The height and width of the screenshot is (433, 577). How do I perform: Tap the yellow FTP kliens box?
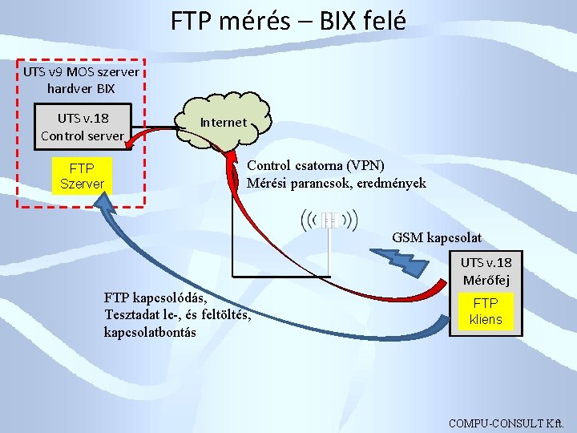coord(486,311)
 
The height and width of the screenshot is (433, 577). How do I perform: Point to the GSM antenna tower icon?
coord(329,221)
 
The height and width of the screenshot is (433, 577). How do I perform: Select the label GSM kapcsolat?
coord(437,237)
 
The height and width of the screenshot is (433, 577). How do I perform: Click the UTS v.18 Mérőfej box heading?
coord(486,271)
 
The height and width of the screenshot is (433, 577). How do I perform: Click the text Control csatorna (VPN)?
coord(316,165)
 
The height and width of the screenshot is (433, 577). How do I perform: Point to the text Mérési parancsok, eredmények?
coord(337,183)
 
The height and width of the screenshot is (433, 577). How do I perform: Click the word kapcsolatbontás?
coord(150,332)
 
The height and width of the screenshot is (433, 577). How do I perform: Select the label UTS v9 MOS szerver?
coord(81,71)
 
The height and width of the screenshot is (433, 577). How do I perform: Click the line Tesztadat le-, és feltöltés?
coord(177,314)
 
